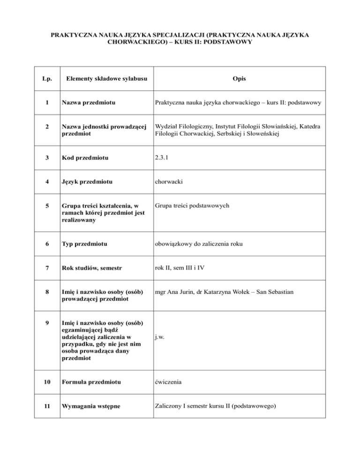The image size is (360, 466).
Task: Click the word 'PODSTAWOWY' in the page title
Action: coord(229,41)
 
